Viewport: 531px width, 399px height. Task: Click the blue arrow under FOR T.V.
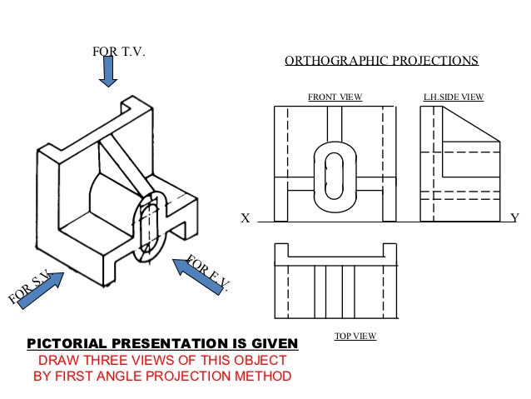(108, 72)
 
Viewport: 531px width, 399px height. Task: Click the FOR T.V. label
(118, 52)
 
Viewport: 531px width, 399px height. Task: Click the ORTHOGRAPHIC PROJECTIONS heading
(381, 61)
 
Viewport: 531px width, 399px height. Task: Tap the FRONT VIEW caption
(335, 97)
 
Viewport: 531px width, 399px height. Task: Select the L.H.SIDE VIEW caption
(454, 97)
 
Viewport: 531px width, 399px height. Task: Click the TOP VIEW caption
(355, 337)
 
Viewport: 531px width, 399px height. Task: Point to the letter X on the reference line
(246, 219)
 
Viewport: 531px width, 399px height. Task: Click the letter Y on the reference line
(514, 218)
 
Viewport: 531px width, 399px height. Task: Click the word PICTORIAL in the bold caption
(68, 343)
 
